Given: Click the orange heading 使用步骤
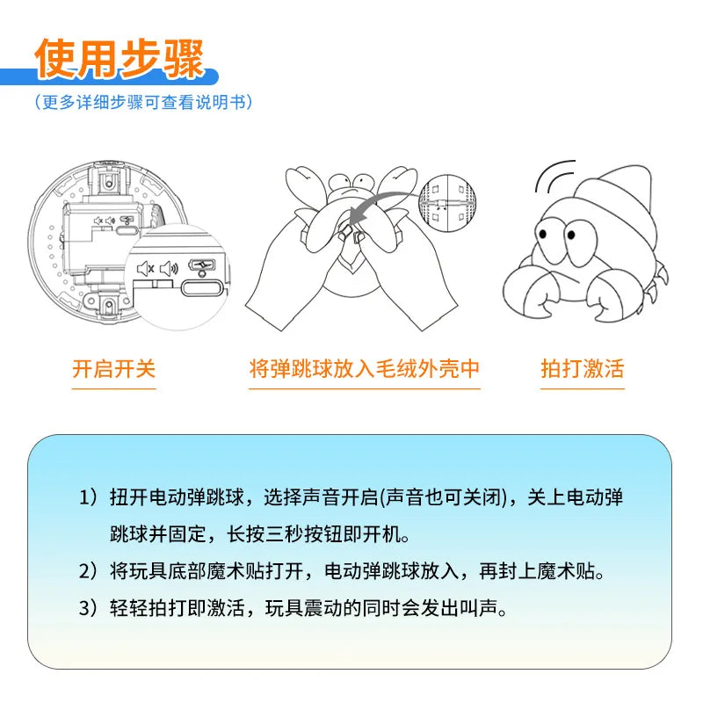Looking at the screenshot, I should point(119,59).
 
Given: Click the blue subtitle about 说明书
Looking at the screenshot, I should point(144,102).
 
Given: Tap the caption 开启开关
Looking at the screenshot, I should point(113,368).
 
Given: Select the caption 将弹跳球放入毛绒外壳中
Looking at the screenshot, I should point(365,368).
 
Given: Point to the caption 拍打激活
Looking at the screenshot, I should point(582,368).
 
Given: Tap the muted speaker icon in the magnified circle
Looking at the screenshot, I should point(146,269).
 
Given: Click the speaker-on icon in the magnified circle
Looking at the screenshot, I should point(169,269).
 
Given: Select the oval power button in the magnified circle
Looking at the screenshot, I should point(199,287).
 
